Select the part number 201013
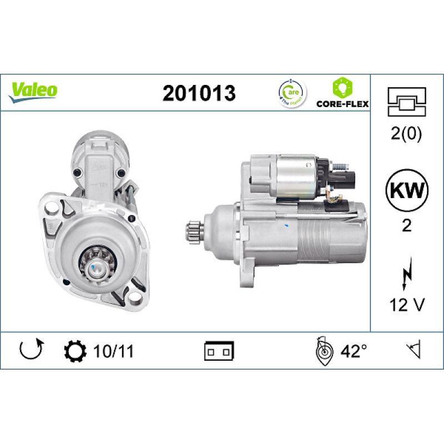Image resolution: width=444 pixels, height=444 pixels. tap(199, 94)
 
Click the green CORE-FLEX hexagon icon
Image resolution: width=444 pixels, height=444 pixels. tap(342, 87)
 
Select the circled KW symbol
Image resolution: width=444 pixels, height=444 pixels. tap(406, 191)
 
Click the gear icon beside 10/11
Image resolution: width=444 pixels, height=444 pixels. tap(75, 351)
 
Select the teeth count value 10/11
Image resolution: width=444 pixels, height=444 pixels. tap(115, 351)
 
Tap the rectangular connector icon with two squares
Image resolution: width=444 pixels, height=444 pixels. tap(219, 351)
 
